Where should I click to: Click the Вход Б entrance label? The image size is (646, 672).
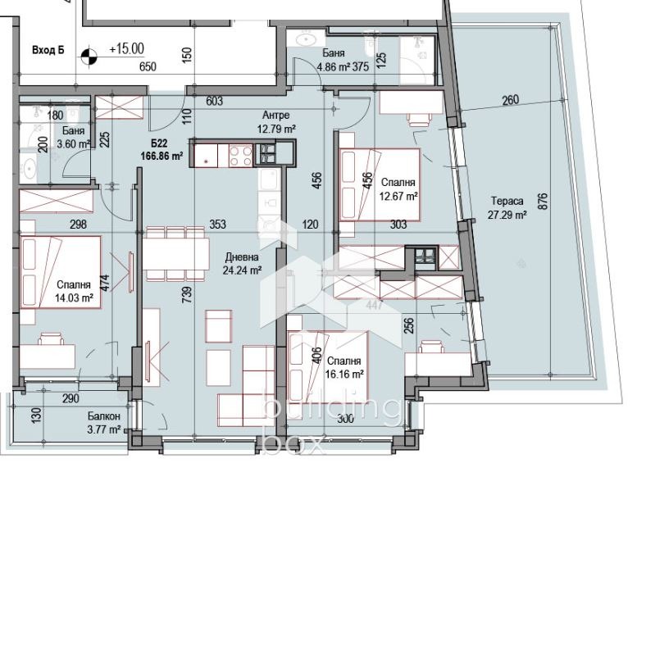tap(48, 50)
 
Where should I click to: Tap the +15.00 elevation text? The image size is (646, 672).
tap(125, 49)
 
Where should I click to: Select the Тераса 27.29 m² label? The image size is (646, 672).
tap(508, 207)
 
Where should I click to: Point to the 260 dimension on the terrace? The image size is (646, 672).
tap(510, 101)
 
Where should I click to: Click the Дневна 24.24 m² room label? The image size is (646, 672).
tap(243, 263)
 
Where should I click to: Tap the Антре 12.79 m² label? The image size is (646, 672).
tap(276, 122)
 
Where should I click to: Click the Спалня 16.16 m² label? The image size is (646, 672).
tap(344, 367)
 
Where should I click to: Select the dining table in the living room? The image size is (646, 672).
tap(175, 253)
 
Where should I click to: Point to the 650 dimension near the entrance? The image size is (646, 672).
tap(148, 67)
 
